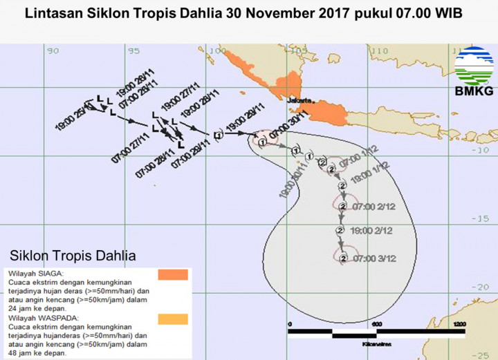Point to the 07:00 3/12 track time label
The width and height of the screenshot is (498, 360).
[x=373, y=258]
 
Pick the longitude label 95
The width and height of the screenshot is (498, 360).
[x=135, y=50]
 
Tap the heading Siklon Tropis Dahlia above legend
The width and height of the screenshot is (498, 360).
[x=73, y=256]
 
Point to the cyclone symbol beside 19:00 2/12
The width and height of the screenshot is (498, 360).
[x=340, y=230]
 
